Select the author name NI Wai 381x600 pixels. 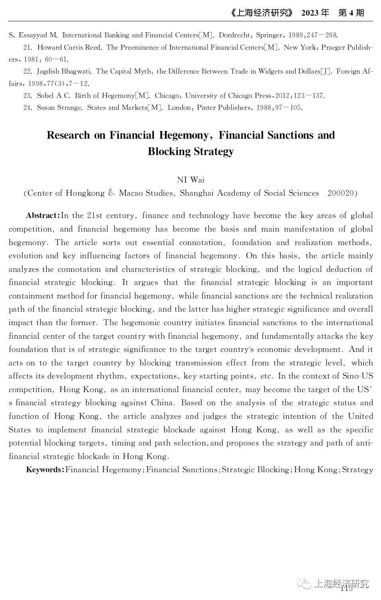pos(190,180)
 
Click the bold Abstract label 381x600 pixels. pos(43,216)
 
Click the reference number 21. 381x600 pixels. pos(27,47)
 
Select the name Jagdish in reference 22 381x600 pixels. pos(49,71)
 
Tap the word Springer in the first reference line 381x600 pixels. pos(269,35)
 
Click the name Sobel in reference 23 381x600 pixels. pos(45,96)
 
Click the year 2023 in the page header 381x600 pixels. pos(310,13)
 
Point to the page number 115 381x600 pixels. pos(346,588)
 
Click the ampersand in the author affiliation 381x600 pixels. pos(112,193)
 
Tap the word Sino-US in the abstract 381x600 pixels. pos(357,376)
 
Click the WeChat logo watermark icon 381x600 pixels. pos(306,584)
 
